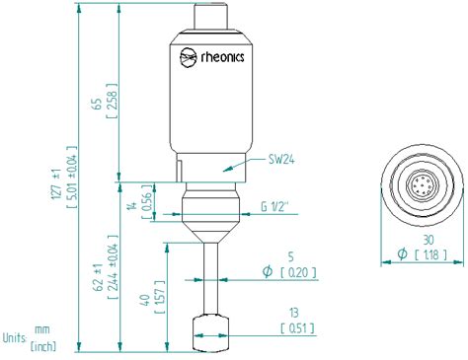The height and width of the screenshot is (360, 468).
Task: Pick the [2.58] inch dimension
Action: click(113, 102)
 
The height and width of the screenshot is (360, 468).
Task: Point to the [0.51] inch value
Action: click(297, 301)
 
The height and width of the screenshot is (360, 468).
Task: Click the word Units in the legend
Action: click(14, 309)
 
